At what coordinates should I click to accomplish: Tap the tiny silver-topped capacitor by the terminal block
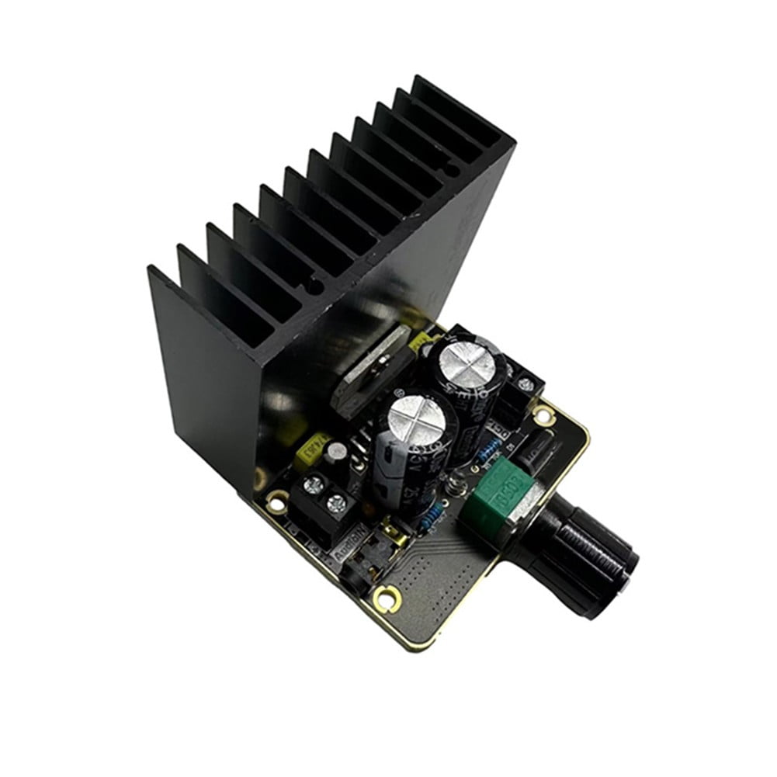pyautogui.click(x=336, y=451)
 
